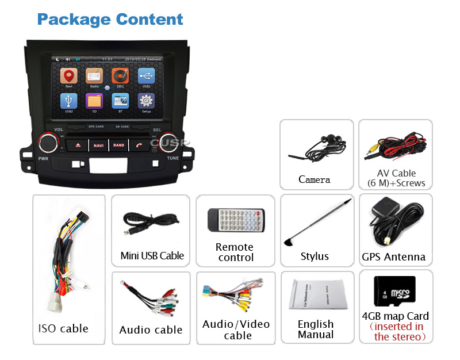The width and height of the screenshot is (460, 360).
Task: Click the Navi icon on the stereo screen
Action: pyautogui.click(x=69, y=76)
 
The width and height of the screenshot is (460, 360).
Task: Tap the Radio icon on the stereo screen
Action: pyautogui.click(x=94, y=76)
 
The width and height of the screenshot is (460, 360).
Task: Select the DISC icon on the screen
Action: pyautogui.click(x=120, y=76)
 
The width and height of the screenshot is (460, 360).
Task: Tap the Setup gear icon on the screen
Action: pyautogui.click(x=146, y=101)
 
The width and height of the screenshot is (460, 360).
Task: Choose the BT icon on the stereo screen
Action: pyautogui.click(x=120, y=101)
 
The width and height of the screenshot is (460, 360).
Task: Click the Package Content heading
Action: pyautogui.click(x=110, y=19)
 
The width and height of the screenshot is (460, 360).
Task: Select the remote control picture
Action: pyautogui.click(x=236, y=220)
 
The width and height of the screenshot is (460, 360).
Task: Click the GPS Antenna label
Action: pyautogui.click(x=394, y=257)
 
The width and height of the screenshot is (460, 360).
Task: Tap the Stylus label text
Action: pyautogui.click(x=315, y=256)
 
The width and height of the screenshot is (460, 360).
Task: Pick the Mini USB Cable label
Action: pyautogui.click(x=152, y=255)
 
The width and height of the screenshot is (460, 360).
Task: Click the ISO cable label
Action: pyautogui.click(x=63, y=328)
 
